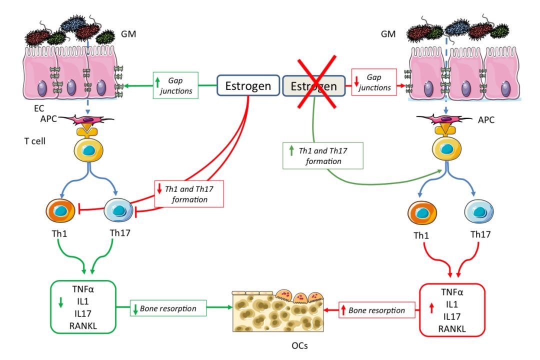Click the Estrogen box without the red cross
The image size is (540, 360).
coord(247,85)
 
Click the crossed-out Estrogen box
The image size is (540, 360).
coord(313,86)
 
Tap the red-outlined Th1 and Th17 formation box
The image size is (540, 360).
coord(189,194)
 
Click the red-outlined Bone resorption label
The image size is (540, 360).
coord(378,310)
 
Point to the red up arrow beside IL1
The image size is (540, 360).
coord(431,308)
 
